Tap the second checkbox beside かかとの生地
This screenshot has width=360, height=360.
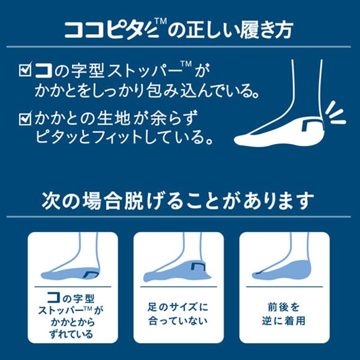point(25,117)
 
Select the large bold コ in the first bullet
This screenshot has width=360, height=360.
point(45,70)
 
